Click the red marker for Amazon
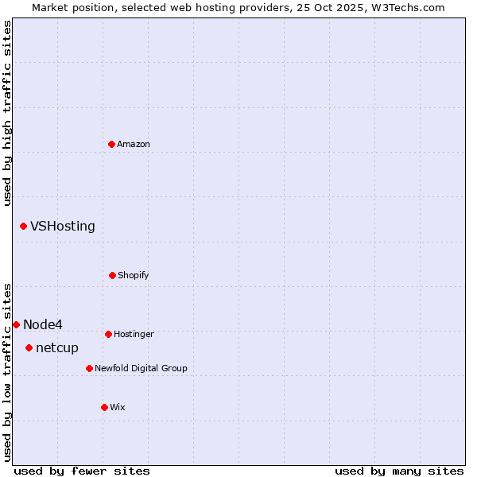(x=112, y=144)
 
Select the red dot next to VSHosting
(x=23, y=227)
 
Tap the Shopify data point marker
(x=112, y=275)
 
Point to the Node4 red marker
(x=16, y=324)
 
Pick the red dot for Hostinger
(x=108, y=334)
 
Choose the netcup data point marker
(x=29, y=347)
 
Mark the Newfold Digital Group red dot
(x=89, y=368)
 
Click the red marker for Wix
(x=104, y=407)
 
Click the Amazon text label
(x=134, y=144)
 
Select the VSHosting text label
(x=63, y=227)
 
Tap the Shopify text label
(x=134, y=275)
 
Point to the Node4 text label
(x=43, y=324)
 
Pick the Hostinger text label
(x=134, y=334)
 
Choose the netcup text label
(x=57, y=347)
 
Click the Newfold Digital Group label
(x=141, y=368)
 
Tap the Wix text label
(x=118, y=407)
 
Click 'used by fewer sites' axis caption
(x=82, y=471)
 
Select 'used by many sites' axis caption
(x=399, y=471)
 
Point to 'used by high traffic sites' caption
(x=7, y=113)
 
